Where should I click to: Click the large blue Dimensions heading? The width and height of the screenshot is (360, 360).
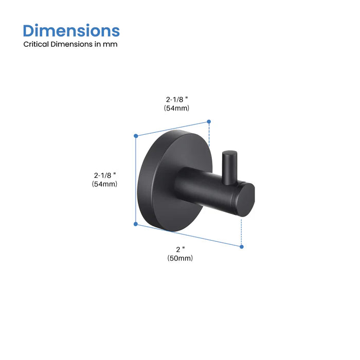click(71, 30)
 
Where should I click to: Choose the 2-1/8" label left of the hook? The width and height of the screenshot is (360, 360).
click(105, 174)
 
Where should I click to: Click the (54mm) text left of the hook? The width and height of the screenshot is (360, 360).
click(105, 184)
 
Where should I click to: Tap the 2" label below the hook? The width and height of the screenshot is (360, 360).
click(179, 249)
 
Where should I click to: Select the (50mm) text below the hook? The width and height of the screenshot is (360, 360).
click(180, 259)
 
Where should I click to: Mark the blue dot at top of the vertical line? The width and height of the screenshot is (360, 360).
click(136, 136)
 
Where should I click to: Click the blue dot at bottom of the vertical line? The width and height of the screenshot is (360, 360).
click(136, 224)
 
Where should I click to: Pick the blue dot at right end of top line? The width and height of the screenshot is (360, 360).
click(209, 122)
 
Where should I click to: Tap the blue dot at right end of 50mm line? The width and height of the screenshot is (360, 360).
click(242, 247)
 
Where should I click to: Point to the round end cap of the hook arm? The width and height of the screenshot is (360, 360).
click(247, 200)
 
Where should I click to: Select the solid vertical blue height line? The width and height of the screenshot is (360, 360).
click(136, 180)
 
